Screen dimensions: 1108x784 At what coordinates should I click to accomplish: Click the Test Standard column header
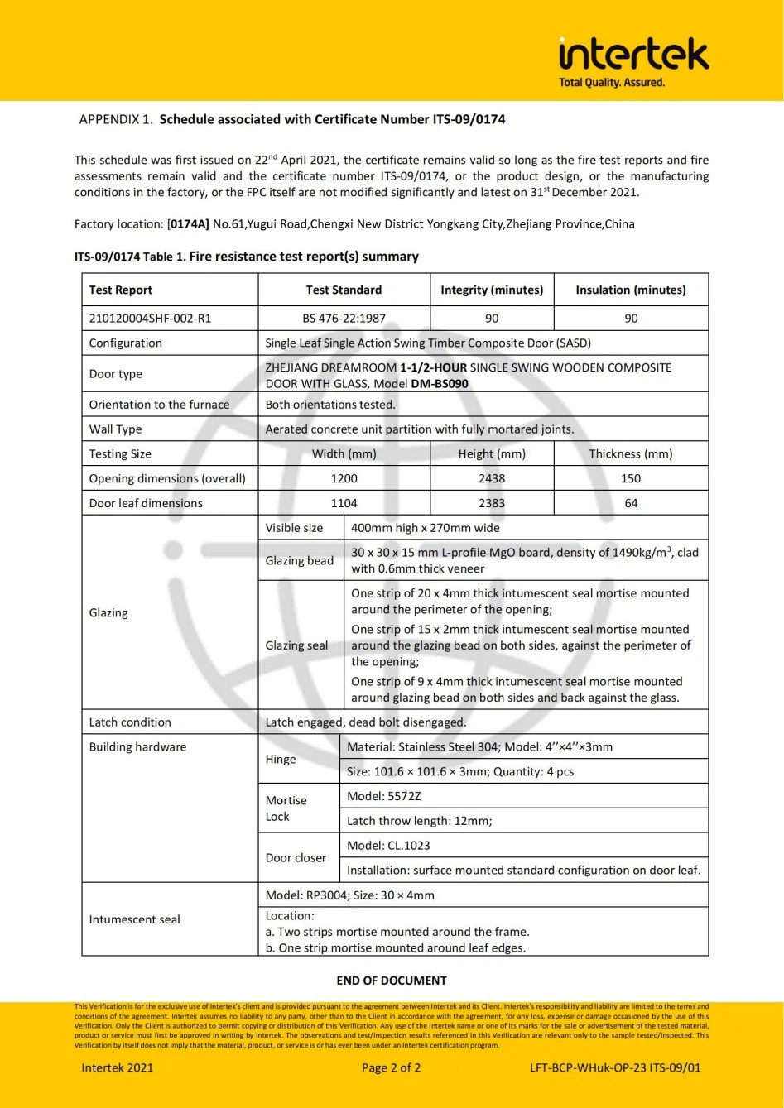[x=344, y=290]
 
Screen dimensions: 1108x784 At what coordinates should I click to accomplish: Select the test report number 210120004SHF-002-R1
[x=150, y=318]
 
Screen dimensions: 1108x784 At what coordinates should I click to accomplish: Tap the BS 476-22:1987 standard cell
[x=344, y=318]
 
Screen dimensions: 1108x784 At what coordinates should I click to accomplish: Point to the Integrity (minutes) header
[x=492, y=290]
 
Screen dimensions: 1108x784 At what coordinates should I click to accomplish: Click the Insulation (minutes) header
[x=631, y=290]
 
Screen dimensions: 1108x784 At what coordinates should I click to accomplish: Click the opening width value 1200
[x=344, y=478]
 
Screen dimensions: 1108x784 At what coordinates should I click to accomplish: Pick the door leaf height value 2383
[x=492, y=503]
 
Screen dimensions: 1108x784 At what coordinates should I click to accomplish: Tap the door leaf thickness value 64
[x=631, y=503]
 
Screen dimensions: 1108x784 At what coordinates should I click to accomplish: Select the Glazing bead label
[x=299, y=560]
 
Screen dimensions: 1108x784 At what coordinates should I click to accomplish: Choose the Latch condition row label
[x=130, y=722]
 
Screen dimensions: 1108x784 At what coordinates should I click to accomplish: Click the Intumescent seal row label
[x=134, y=919]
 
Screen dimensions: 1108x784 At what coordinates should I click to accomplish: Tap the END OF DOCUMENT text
[x=392, y=981]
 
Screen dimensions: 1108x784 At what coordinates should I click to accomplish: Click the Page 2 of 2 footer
[x=392, y=1067]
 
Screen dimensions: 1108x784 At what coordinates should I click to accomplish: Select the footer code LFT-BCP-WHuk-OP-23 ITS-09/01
[x=615, y=1067]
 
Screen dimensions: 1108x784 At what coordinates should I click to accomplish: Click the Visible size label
[x=294, y=527]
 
